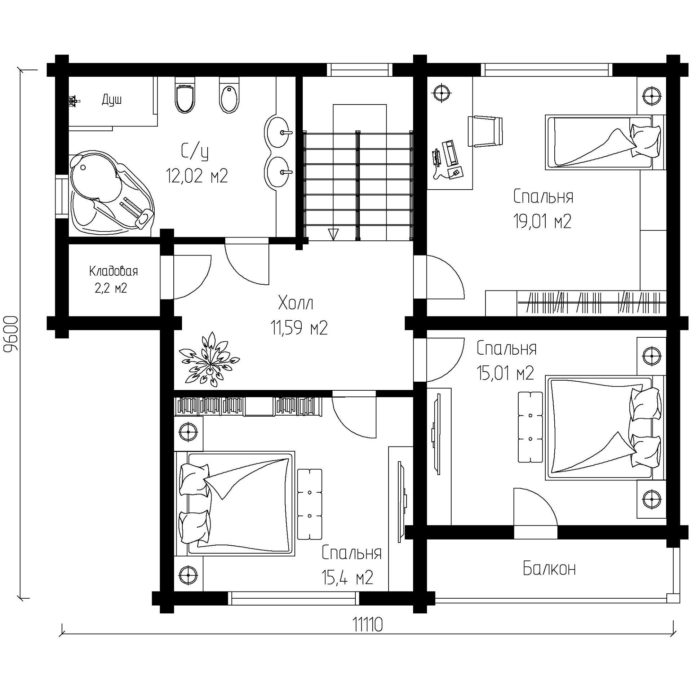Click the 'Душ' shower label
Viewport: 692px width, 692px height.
point(112,99)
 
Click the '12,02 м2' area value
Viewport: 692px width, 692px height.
point(197,176)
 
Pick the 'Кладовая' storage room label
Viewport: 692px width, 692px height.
point(114,271)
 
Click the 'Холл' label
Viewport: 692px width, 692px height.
point(296,303)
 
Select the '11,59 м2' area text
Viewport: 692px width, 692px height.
point(299,328)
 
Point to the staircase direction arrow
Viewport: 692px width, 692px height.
point(333,234)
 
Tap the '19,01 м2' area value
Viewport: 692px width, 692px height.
point(542,222)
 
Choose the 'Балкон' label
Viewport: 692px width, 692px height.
point(549,568)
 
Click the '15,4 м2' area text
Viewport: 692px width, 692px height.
point(347,578)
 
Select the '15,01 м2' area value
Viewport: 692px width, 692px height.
point(505,373)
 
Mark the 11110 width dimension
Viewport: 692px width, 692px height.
point(367,625)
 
